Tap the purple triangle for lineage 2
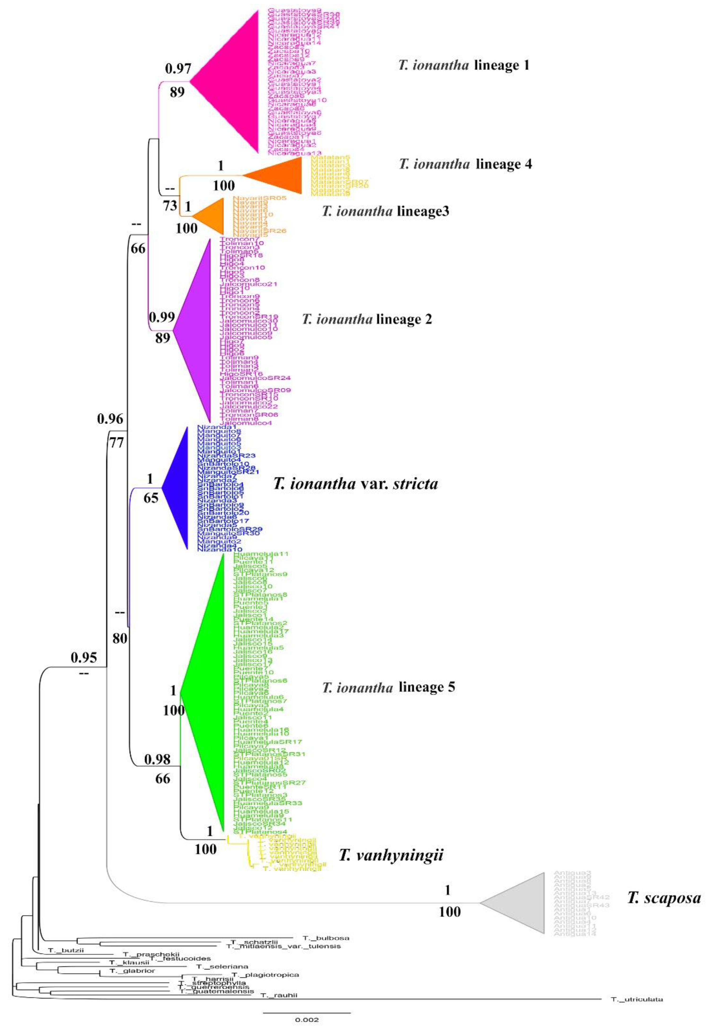click(196, 329)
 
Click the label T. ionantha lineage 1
click(463, 65)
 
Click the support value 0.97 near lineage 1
click(178, 69)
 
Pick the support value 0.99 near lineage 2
click(162, 317)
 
